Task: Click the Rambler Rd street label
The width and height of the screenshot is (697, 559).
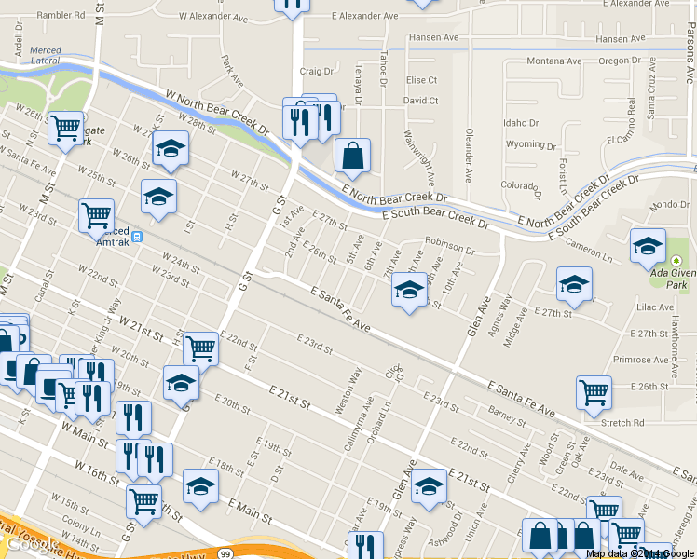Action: (x=60, y=15)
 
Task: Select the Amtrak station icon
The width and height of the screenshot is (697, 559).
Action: (x=138, y=237)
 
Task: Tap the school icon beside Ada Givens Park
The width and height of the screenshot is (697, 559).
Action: (x=648, y=246)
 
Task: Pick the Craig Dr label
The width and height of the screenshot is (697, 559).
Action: (x=316, y=71)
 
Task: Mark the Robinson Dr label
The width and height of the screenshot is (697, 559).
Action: (x=450, y=251)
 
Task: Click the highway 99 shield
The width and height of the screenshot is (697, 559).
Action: (x=226, y=552)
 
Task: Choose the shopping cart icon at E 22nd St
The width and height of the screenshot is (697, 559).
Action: (x=200, y=348)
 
